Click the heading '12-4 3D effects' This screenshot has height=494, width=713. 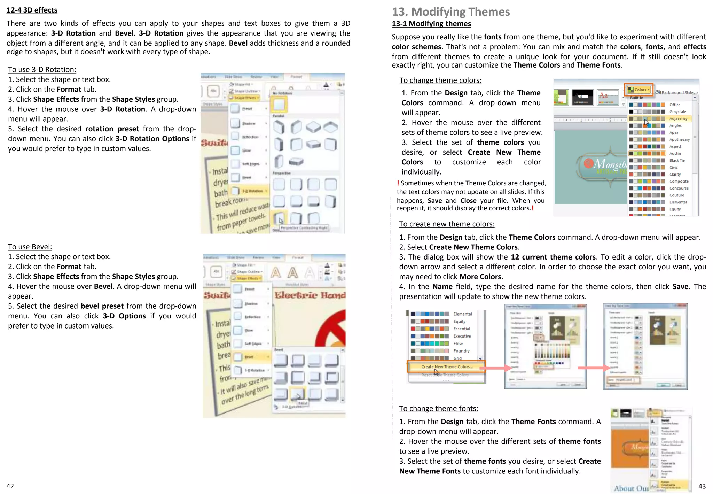pyautogui.click(x=32, y=10)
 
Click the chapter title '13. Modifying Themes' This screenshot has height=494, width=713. pyautogui.click(x=450, y=12)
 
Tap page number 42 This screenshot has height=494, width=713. pyautogui.click(x=10, y=486)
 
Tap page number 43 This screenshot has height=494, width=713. pyautogui.click(x=702, y=486)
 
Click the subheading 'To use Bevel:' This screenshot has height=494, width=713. pyautogui.click(x=30, y=247)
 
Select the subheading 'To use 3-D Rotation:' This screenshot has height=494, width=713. pyautogui.click(x=42, y=69)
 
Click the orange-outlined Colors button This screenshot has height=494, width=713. pyautogui.click(x=638, y=90)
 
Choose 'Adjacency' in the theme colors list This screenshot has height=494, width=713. pyautogui.click(x=678, y=118)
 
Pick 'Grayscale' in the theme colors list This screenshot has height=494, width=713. pyautogui.click(x=677, y=111)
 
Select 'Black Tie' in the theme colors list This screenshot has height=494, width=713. pyautogui.click(x=677, y=160)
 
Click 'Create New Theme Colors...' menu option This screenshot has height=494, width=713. pyautogui.click(x=447, y=366)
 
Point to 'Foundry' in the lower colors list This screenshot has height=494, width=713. pyautogui.click(x=461, y=351)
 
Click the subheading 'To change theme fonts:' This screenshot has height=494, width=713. pyautogui.click(x=438, y=408)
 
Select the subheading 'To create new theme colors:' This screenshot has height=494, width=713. pyautogui.click(x=446, y=224)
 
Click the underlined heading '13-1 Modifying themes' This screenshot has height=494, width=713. pyautogui.click(x=431, y=24)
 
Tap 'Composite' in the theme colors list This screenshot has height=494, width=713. pyautogui.click(x=679, y=181)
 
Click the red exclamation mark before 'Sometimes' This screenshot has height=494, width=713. pyautogui.click(x=398, y=183)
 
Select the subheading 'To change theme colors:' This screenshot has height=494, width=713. pyautogui.click(x=440, y=80)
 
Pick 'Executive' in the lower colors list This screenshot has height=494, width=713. pyautogui.click(x=462, y=336)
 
